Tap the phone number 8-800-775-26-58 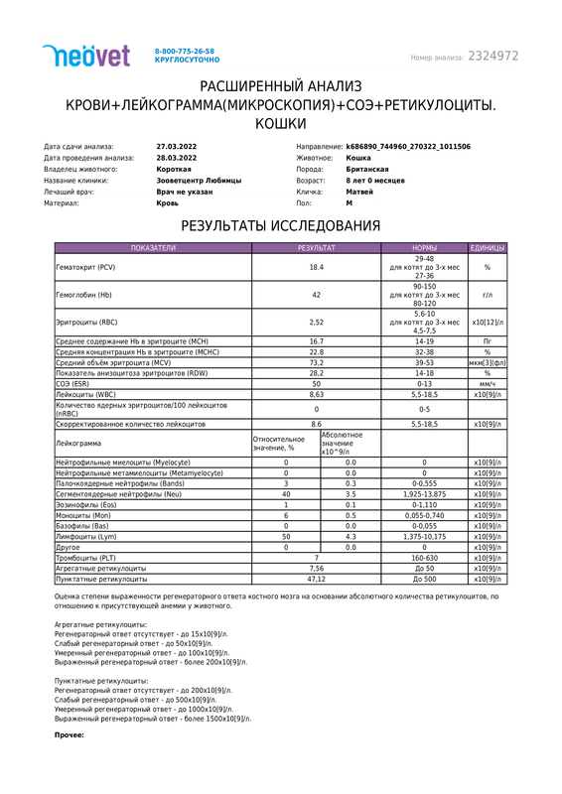[185, 50]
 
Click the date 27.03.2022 [177, 146]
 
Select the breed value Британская [367, 169]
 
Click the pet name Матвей [360, 192]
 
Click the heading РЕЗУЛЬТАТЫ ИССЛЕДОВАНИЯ [281, 226]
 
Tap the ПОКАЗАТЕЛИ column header [153, 247]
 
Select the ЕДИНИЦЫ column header [488, 247]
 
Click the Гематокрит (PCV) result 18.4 [317, 268]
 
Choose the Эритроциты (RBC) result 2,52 [317, 323]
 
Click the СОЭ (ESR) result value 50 [317, 383]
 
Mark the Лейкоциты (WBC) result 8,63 [317, 394]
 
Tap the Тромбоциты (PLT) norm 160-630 [424, 558]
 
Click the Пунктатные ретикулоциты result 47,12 [317, 579]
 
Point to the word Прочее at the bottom [68, 734]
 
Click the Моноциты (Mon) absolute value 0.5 [351, 516]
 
